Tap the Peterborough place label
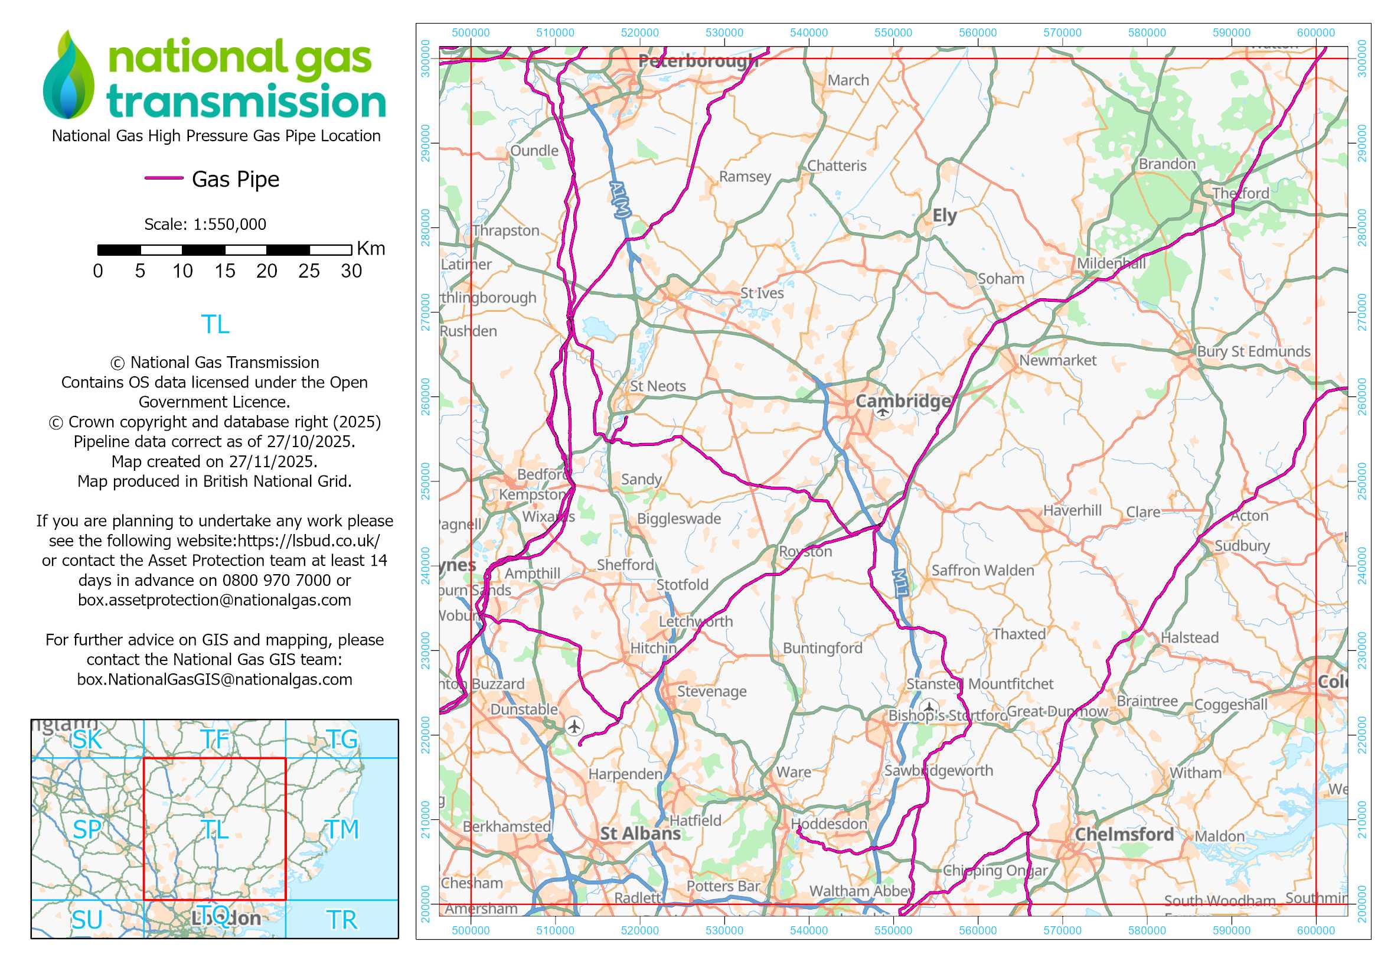coord(698,61)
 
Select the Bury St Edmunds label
coord(1253,351)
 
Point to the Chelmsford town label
coord(1124,835)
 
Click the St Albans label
coord(640,833)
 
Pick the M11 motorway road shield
coord(900,583)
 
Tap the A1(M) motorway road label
coord(620,198)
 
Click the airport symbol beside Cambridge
coord(882,412)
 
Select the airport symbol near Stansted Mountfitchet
coord(929,706)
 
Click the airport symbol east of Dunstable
coord(574,726)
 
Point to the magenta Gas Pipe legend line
coord(164,178)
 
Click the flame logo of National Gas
coord(68,74)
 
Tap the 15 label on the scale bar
coord(224,271)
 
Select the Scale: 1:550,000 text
coord(204,224)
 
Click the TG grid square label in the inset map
coord(342,740)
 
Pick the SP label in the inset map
coord(87,829)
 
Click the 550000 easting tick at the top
coord(893,33)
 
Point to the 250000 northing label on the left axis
coord(426,481)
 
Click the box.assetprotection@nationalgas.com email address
coord(214,600)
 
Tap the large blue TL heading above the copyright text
coord(215,324)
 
